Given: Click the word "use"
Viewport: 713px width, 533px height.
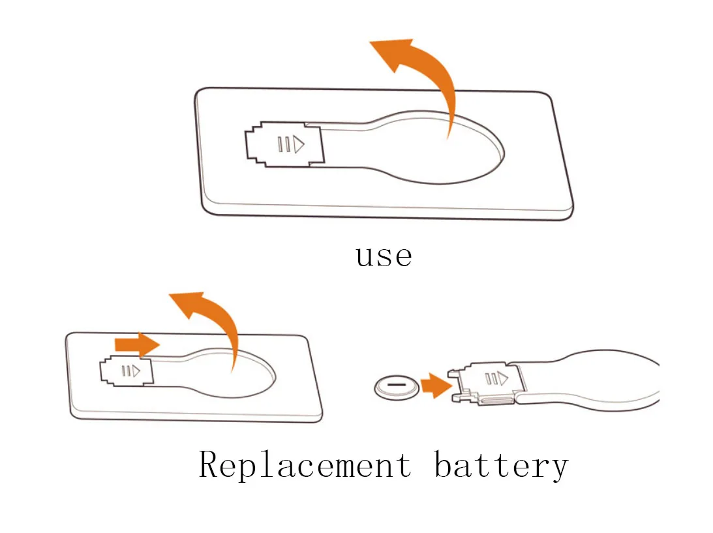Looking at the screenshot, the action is (384, 256).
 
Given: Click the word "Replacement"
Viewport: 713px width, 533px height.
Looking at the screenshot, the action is (305, 464).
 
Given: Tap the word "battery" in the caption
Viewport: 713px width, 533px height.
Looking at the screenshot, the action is (500, 466).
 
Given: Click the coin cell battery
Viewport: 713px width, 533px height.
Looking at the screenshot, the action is (395, 388).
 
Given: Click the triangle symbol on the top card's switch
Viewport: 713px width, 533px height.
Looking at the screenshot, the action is (298, 144).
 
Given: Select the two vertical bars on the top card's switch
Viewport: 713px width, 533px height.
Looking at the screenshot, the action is (282, 144).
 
